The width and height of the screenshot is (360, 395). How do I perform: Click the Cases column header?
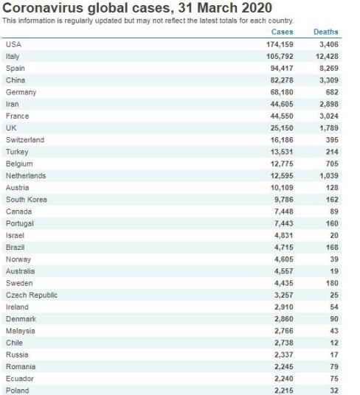pyautogui.click(x=282, y=32)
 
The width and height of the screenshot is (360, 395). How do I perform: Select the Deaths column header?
pyautogui.click(x=326, y=32)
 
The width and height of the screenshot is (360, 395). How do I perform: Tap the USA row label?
pyautogui.click(x=13, y=44)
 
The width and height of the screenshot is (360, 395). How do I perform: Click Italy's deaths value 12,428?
pyautogui.click(x=327, y=57)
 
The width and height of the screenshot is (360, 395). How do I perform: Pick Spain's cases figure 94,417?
pyautogui.click(x=282, y=69)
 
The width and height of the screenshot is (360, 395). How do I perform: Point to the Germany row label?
pyautogui.click(x=21, y=92)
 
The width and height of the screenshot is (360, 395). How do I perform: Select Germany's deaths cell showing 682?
pyautogui.click(x=332, y=92)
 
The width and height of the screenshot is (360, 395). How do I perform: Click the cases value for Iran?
pyautogui.click(x=282, y=104)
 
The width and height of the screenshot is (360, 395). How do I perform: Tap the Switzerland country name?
pyautogui.click(x=25, y=140)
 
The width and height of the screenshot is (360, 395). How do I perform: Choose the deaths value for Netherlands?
pyautogui.click(x=329, y=175)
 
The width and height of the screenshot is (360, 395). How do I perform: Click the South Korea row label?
pyautogui.click(x=27, y=200)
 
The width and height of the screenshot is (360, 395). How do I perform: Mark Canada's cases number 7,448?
pyautogui.click(x=284, y=212)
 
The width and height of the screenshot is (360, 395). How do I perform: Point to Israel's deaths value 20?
pyautogui.click(x=334, y=235)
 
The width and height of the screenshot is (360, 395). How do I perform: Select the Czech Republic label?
pyautogui.click(x=32, y=295)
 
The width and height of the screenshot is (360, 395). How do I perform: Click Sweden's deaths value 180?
pyautogui.click(x=332, y=283)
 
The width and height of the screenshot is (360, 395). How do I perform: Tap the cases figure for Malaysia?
pyautogui.click(x=284, y=331)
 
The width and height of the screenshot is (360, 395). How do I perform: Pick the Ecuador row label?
pyautogui.click(x=20, y=379)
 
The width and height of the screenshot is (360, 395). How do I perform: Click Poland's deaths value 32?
pyautogui.click(x=334, y=391)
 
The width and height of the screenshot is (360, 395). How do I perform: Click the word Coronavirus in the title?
pyautogui.click(x=43, y=8)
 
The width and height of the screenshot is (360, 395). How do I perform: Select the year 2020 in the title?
pyautogui.click(x=257, y=8)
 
